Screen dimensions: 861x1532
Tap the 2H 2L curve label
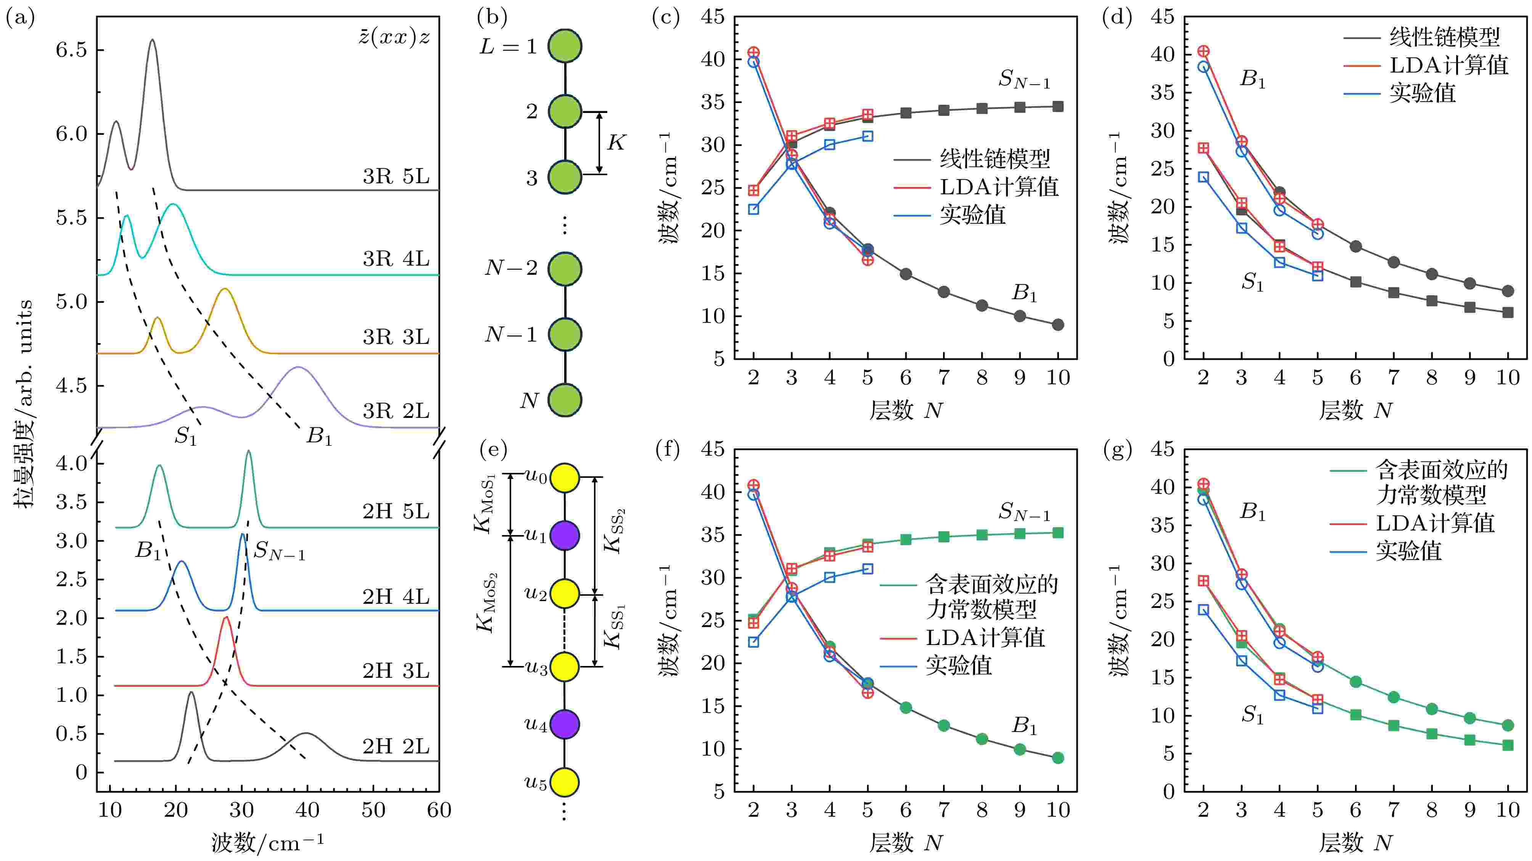pos(396,746)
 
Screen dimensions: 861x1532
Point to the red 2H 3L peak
pos(225,618)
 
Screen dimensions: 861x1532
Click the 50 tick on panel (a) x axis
pos(373,810)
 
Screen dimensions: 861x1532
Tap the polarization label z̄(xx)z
pos(394,37)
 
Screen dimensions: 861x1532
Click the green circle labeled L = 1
pos(564,46)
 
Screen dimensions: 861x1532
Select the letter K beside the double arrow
pos(616,143)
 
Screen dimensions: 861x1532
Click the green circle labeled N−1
pos(564,334)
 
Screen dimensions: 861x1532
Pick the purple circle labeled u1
pos(564,535)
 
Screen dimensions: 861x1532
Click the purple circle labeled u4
pos(564,724)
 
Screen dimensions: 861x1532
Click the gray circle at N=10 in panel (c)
pos(1057,325)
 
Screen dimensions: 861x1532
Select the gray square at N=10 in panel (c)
pos(1057,106)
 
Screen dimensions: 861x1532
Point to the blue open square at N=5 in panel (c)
pos(868,136)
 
